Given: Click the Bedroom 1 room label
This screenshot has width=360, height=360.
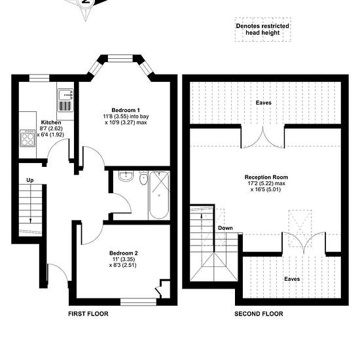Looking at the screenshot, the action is tap(126, 110).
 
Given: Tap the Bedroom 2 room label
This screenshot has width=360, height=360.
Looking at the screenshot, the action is tap(124, 253).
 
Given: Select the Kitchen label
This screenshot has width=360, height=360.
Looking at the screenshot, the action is tap(51, 122).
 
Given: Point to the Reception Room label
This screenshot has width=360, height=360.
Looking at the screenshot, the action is tap(266, 177).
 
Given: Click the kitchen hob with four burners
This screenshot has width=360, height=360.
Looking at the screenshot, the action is tap(27, 138).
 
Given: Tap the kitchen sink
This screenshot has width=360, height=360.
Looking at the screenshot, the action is tap(65, 100).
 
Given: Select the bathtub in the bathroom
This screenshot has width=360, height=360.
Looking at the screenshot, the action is tap(159, 195).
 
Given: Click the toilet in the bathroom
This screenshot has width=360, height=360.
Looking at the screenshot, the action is tap(143, 178).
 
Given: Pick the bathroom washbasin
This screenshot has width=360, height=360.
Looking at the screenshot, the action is tap(126, 176).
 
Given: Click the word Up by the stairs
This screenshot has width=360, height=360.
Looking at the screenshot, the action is tap(30, 180).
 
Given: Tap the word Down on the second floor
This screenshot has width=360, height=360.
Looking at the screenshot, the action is tap(225, 228).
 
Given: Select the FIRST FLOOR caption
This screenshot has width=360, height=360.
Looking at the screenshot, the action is tap(88, 314).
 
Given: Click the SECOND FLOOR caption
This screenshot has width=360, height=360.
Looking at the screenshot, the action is tap(259, 314).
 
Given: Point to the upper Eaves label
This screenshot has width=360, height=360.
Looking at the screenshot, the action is tap(264, 103).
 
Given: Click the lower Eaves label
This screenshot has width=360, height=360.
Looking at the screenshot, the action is tap(292, 279).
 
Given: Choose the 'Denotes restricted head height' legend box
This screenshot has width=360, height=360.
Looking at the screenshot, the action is tap(263, 29).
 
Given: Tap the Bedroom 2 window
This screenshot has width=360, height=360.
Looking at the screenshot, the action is tap(139, 302).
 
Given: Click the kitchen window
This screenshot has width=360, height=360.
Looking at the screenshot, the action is tap(39, 78).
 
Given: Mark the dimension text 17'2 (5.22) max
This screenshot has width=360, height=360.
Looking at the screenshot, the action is tap(266, 183).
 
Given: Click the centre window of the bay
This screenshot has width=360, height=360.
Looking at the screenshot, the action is tap(120, 58).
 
